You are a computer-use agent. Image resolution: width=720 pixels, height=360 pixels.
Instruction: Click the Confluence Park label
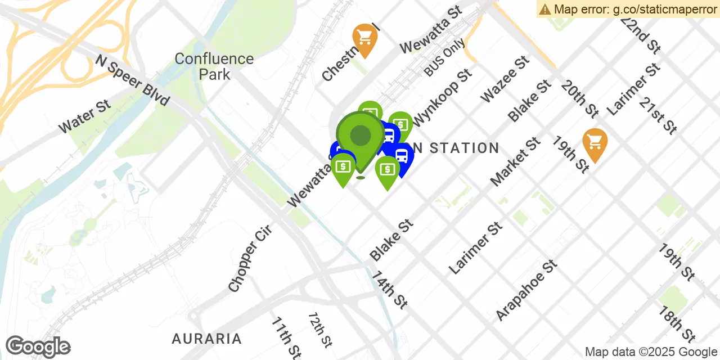coord(214,66)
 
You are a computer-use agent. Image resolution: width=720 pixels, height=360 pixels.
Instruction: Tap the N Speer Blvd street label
coord(132,80)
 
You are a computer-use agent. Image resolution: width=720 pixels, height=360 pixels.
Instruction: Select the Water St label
coord(84,117)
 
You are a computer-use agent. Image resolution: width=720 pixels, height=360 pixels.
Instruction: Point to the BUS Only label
coord(444,57)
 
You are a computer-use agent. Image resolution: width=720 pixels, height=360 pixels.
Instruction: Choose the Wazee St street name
coord(505,79)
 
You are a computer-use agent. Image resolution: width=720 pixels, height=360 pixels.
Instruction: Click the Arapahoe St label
coord(526,290)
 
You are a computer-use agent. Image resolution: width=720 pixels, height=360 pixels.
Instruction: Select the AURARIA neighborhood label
coord(207,339)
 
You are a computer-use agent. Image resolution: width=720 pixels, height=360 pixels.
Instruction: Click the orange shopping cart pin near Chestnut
coord(364,38)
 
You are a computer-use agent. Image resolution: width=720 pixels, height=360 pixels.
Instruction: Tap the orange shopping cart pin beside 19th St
coord(595,143)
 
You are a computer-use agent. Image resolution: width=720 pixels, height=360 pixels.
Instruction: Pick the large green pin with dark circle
coord(361,136)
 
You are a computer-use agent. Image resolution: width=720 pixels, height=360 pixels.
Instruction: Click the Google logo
coord(38,346)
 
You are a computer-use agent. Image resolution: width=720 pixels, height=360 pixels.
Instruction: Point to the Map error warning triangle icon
coord(544,9)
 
